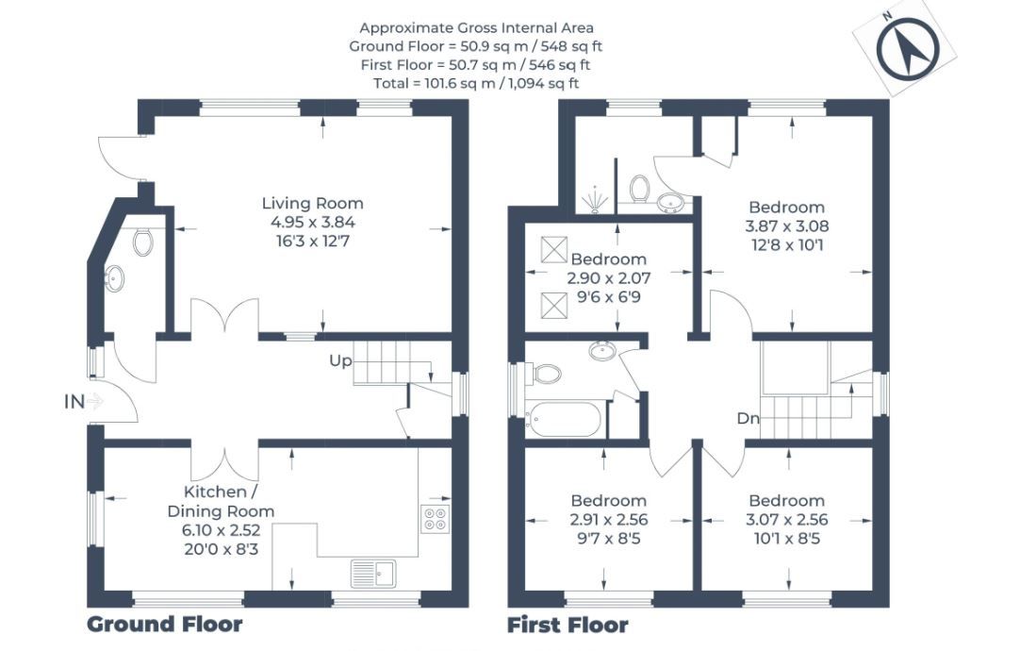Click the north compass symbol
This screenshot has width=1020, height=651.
click(x=907, y=48)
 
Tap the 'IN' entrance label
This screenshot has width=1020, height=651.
click(x=74, y=402)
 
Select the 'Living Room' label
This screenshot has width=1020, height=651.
click(x=312, y=203)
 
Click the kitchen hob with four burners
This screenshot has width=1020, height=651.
click(x=436, y=519)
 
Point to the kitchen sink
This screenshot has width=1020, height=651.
click(x=372, y=573)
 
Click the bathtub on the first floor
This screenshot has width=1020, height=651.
click(x=565, y=420)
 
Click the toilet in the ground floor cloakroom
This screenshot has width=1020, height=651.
click(x=142, y=241)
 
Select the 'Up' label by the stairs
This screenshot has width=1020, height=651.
click(x=340, y=360)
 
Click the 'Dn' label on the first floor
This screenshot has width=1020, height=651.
click(x=749, y=419)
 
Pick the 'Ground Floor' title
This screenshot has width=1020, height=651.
click(x=165, y=625)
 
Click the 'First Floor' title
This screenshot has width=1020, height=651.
click(x=568, y=625)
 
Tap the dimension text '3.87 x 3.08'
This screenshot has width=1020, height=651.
click(x=787, y=226)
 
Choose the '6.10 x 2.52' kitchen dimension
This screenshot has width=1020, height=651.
click(x=222, y=530)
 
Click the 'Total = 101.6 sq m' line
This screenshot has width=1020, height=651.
click(x=476, y=83)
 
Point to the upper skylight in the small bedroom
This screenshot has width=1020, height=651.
click(x=554, y=249)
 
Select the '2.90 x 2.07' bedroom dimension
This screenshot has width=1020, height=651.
click(x=609, y=278)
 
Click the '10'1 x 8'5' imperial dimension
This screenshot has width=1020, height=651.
click(x=787, y=539)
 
